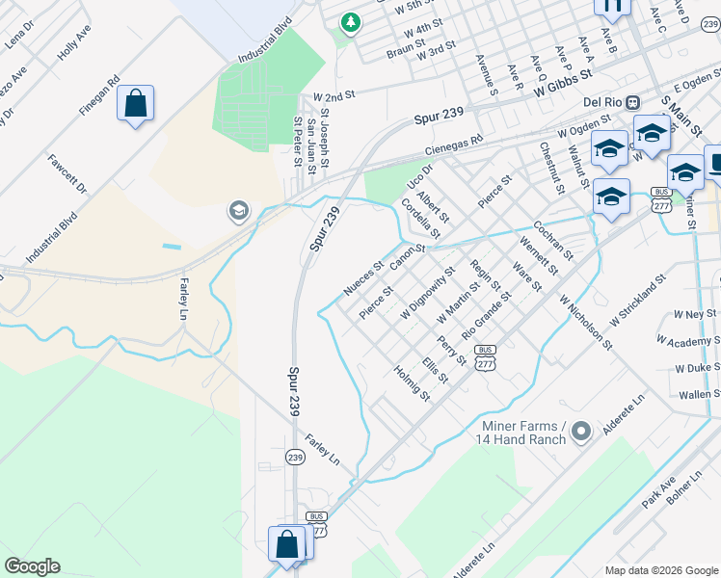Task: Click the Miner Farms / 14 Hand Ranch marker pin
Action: coord(580,432)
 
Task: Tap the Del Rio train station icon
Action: coord(633,102)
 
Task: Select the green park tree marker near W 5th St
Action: coord(351,21)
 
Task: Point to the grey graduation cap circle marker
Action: coord(237,210)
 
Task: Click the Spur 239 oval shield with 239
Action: coord(295,457)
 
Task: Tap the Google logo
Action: coord(32,566)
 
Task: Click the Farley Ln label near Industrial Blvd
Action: coord(183,299)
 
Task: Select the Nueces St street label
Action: coord(363,277)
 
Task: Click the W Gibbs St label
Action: coord(549,89)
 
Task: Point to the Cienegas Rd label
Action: coord(454,146)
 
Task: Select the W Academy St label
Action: coord(688,340)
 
